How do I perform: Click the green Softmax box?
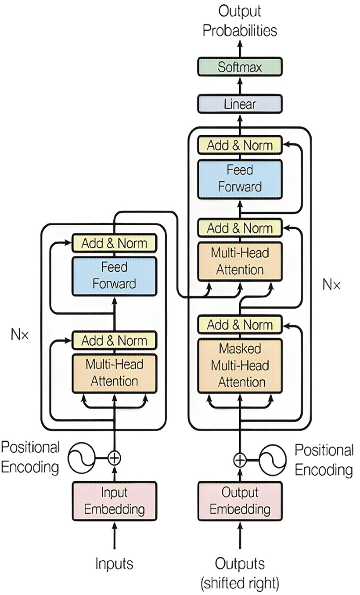click(x=240, y=67)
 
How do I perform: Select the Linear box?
click(x=240, y=104)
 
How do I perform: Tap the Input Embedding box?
click(x=114, y=501)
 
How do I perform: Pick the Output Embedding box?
click(x=240, y=501)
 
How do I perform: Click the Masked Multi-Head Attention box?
click(x=240, y=365)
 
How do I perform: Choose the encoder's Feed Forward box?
click(x=114, y=275)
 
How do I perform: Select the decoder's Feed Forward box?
click(x=240, y=178)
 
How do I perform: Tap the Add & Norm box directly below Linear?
click(x=240, y=145)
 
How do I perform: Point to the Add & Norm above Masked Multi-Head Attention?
click(x=240, y=325)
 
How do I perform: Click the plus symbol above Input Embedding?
click(x=114, y=458)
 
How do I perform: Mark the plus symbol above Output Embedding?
click(x=240, y=460)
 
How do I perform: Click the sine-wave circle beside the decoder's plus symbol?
click(x=273, y=460)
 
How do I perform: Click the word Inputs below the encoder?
click(x=114, y=564)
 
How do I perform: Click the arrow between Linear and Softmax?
click(x=240, y=86)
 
